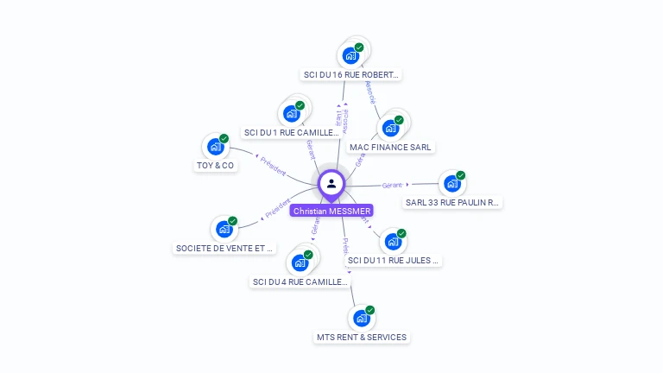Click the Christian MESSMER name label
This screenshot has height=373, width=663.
331,211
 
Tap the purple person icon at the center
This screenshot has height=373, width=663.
331,183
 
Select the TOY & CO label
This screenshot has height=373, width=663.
215,165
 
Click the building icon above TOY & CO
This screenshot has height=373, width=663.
215,147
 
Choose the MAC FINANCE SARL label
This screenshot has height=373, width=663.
390,147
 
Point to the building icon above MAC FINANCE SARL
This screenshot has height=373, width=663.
390,129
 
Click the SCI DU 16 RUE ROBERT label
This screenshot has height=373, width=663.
351,74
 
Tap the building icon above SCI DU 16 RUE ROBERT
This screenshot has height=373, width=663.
350,55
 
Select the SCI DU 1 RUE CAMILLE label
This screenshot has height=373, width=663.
292,133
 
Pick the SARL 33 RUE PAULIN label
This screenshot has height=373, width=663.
452,203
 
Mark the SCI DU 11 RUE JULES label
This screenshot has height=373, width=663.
393,260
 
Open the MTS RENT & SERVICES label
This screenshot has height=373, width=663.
361,337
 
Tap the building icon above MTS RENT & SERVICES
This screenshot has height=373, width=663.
361,319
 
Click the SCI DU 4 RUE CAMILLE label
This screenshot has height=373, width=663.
300,281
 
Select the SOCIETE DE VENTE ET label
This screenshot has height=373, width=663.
224,248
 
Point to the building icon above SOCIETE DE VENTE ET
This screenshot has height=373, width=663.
224,230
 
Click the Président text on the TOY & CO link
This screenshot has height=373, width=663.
273,166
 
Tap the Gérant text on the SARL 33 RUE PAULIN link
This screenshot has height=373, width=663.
393,185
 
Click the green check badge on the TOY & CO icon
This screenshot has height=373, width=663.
224,138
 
